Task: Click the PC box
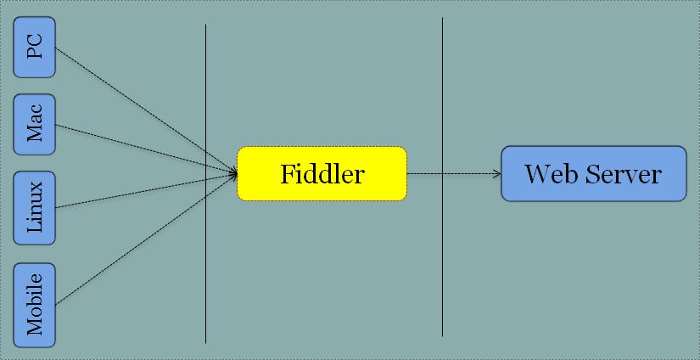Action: pos(35,48)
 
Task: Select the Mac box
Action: pos(35,124)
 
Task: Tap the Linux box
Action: pos(35,206)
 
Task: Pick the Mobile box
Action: pos(35,305)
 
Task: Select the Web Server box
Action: pos(593,174)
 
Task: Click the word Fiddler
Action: pos(322,175)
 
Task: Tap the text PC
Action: pos(35,48)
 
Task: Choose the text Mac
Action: pos(35,124)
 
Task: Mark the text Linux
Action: pos(35,206)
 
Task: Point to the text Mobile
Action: pos(35,305)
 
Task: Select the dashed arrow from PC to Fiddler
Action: pos(144,110)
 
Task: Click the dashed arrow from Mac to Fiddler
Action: pos(144,149)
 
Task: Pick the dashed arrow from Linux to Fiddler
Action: pos(144,190)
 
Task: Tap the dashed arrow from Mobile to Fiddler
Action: pos(144,239)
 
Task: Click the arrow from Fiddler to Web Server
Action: pos(454,174)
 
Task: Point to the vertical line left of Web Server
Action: pos(442,272)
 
